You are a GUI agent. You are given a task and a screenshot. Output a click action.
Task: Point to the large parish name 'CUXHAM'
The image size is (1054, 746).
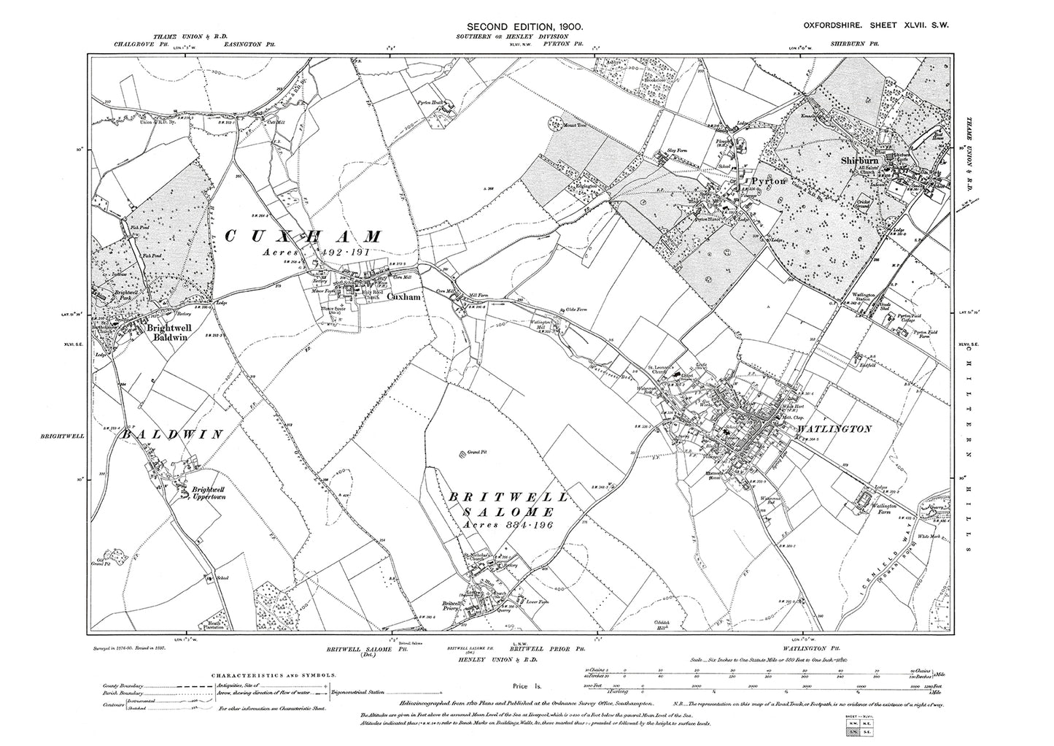click(303, 237)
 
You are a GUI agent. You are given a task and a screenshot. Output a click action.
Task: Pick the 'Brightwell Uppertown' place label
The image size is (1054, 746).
click(207, 494)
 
